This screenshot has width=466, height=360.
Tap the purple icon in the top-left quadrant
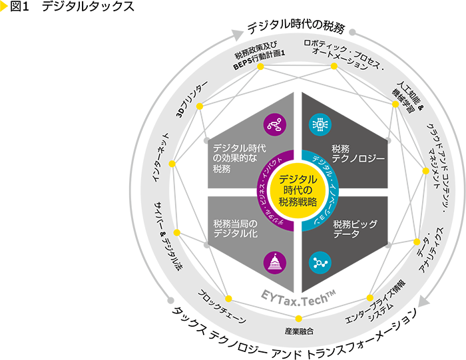(275, 122)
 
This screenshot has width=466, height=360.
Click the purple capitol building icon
(275, 262)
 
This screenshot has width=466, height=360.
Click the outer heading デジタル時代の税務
(296, 28)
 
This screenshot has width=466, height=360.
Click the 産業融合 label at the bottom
(298, 331)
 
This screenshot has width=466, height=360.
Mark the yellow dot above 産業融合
(298, 317)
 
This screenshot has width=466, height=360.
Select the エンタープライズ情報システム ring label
(376, 307)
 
